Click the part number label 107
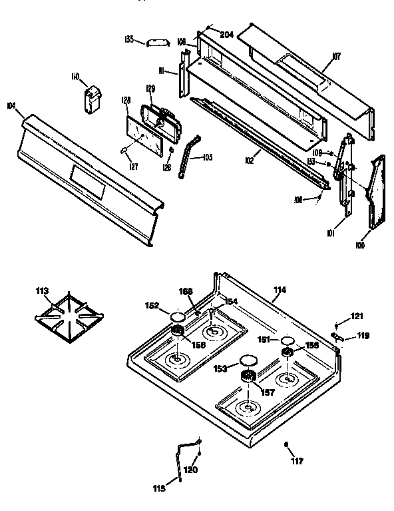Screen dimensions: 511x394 pos(336,57)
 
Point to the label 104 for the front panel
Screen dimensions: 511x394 pos(11,105)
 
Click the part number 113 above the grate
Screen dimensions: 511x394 pos(43,290)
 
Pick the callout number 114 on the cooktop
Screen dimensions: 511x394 pos(280,290)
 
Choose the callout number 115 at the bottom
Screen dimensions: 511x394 pos(160,488)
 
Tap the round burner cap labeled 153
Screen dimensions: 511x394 pos(248,361)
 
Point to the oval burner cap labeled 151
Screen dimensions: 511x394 pos(287,340)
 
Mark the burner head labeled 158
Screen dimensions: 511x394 pos(178,332)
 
